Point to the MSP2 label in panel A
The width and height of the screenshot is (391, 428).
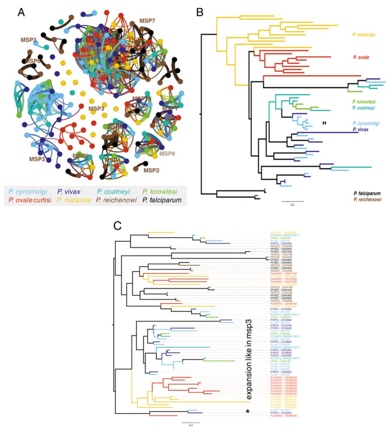[151, 170]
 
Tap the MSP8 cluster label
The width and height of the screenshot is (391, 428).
[167, 153]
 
